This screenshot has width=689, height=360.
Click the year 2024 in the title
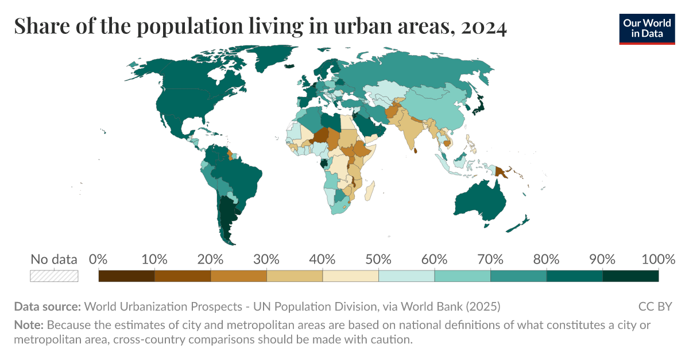click(x=483, y=27)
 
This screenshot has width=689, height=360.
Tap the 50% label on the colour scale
click(x=378, y=260)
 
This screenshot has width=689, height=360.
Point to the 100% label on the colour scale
click(x=658, y=260)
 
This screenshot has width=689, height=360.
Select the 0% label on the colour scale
click(x=99, y=260)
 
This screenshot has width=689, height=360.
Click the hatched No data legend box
click(x=54, y=276)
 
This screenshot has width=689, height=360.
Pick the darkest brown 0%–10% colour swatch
click(x=126, y=276)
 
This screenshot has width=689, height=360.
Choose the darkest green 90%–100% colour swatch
click(x=630, y=276)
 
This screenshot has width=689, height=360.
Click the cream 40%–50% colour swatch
click(x=350, y=276)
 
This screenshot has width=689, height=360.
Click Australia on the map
click(x=479, y=202)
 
